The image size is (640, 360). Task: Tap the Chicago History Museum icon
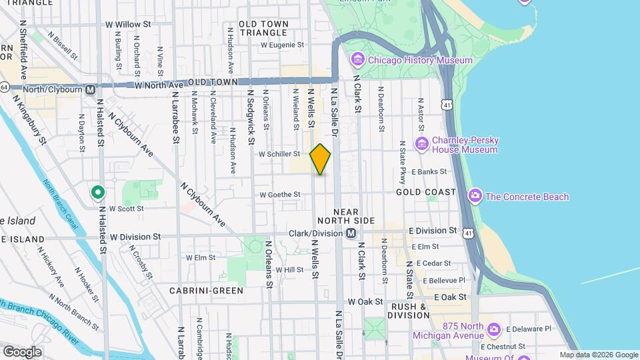coord(357,61)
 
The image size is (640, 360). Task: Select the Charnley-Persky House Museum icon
coord(421,144)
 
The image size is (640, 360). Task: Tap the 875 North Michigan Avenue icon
coord(493,329)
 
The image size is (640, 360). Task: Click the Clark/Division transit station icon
coord(351,233)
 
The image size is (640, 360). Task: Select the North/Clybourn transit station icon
coord(89,89)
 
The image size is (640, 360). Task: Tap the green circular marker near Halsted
coord(97,193)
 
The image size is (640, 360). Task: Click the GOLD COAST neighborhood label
coord(426,192)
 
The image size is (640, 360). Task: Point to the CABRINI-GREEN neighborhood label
coord(197,291)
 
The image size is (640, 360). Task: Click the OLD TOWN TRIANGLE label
coord(264,28)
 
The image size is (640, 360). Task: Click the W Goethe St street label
coord(281,195)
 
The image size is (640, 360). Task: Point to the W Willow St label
coord(129,25)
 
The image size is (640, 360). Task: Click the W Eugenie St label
coord(282,45)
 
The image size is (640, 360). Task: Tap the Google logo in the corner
coord(22,351)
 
